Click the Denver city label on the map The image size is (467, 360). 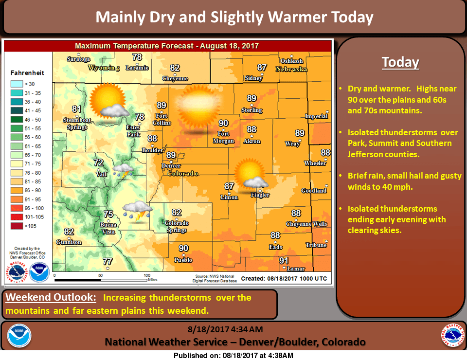[171, 166]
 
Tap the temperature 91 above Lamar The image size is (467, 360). [284, 261]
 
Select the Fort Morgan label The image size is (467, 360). [223, 137]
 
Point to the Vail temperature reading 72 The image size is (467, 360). [99, 163]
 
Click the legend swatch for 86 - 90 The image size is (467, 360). [19, 190]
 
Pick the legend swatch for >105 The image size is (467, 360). [19, 226]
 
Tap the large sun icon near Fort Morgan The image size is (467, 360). [198, 108]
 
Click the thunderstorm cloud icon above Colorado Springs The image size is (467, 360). [136, 211]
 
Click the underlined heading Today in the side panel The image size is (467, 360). [400, 62]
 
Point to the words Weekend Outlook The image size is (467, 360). [51, 297]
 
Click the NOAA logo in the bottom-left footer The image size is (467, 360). [19, 336]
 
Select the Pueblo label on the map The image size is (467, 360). [183, 260]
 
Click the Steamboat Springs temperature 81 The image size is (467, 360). [76, 109]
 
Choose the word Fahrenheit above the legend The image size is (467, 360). [27, 73]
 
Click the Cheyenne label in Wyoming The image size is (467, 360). [175, 78]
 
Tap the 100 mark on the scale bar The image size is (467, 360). [146, 275]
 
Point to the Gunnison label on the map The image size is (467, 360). [69, 242]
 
